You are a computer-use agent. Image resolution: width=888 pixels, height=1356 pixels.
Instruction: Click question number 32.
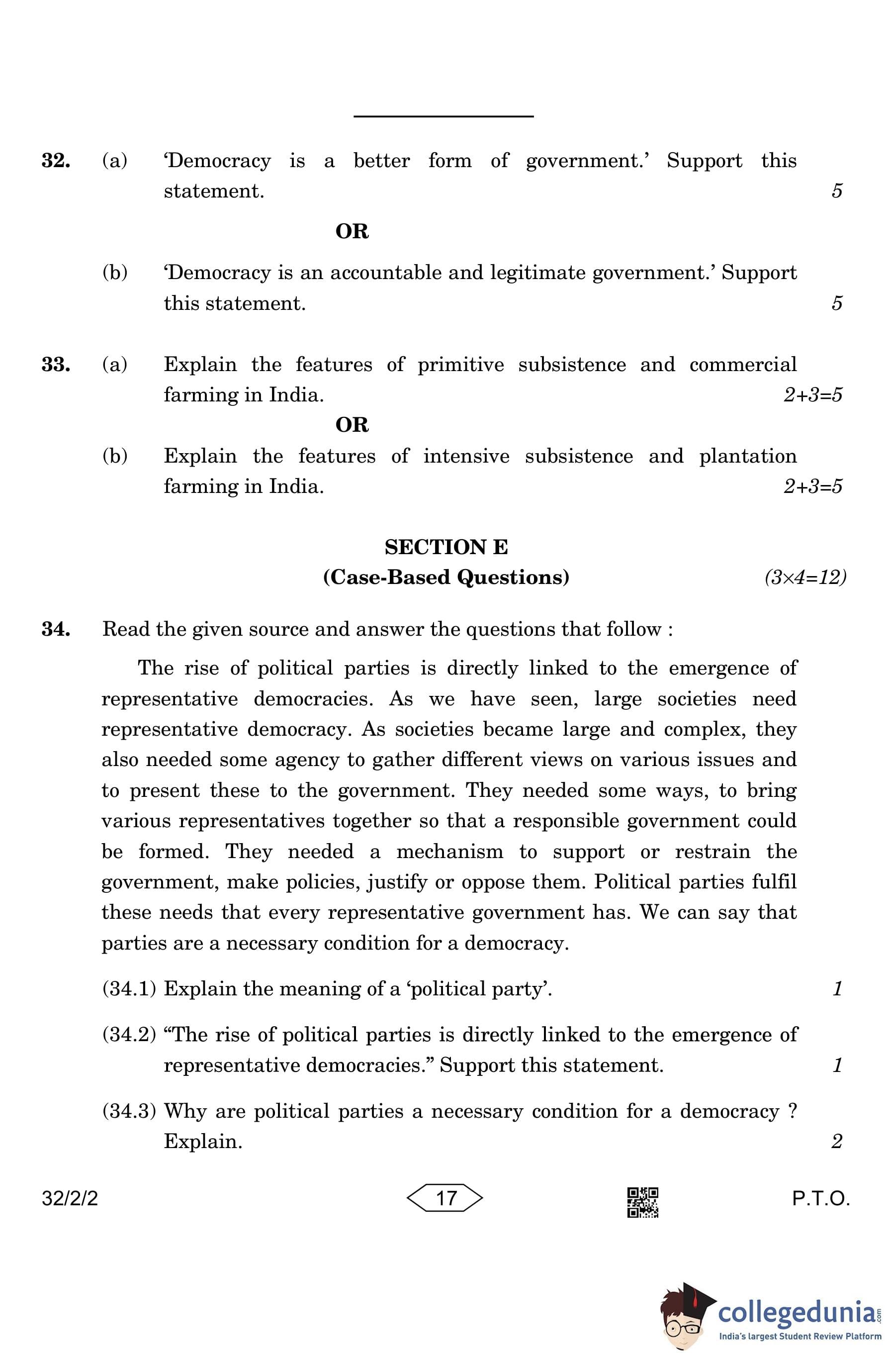pos(56,161)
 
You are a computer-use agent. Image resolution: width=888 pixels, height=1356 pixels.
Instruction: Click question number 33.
pos(56,365)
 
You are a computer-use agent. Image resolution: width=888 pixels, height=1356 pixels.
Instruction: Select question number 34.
pos(56,630)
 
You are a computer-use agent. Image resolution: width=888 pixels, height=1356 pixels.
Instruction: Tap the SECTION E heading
pos(446,548)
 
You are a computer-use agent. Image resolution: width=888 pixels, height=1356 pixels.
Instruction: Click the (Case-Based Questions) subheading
pos(446,578)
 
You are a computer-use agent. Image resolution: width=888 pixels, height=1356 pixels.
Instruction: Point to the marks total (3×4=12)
pos(805,578)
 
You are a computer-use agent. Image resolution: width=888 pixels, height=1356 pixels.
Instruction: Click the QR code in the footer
pos(642,1202)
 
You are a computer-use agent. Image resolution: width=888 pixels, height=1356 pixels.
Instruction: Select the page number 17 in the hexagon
pos(445,1198)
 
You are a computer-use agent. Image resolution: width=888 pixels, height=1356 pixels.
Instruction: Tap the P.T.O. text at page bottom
pos(821,1199)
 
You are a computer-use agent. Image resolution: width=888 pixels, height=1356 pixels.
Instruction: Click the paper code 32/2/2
pos(70,1199)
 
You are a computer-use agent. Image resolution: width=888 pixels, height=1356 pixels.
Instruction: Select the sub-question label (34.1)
pos(129,989)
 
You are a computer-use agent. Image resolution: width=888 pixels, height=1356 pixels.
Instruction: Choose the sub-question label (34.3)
pos(129,1112)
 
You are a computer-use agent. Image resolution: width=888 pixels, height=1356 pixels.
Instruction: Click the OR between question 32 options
pos(352,232)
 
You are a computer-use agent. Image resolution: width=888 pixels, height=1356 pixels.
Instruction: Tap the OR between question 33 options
pos(352,425)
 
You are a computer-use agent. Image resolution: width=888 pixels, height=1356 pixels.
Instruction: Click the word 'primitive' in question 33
pos(460,365)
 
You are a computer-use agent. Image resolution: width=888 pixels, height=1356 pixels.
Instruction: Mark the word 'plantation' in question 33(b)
pos(747,456)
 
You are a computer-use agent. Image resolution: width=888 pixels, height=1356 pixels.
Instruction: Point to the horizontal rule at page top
pos(443,116)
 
